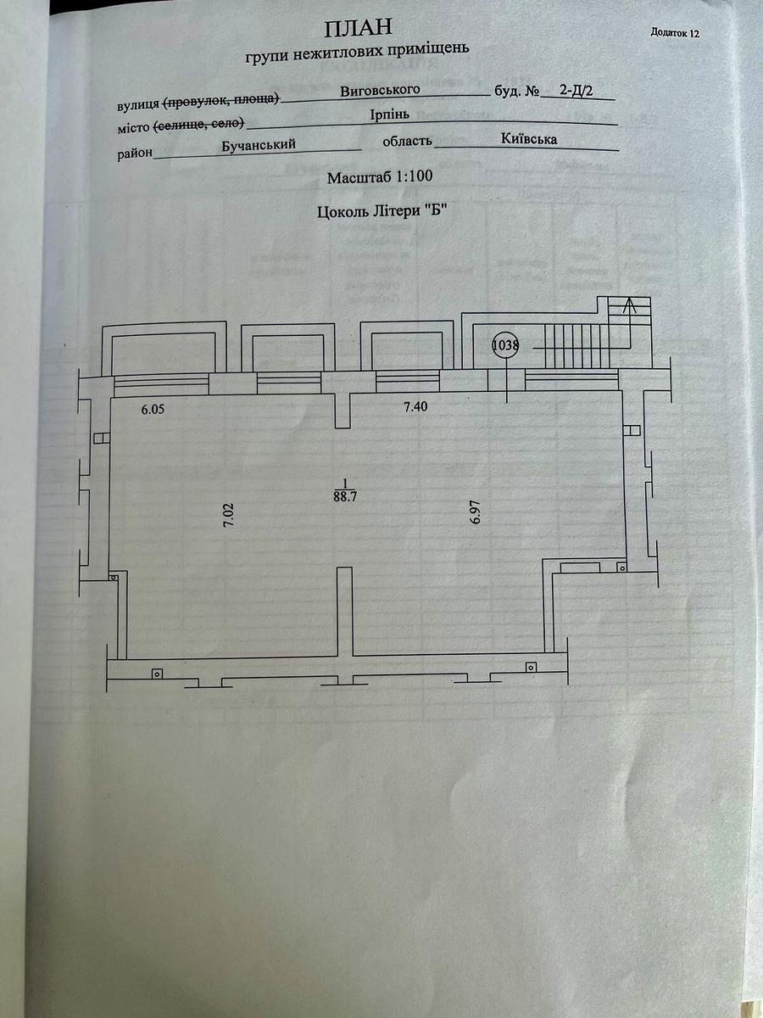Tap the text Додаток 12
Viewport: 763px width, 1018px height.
pyautogui.click(x=675, y=33)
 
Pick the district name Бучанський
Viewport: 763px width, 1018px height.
pyautogui.click(x=258, y=145)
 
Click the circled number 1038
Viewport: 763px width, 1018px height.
pyautogui.click(x=506, y=345)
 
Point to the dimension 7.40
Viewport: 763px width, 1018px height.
pyautogui.click(x=415, y=407)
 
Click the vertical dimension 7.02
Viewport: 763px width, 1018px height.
pyautogui.click(x=227, y=517)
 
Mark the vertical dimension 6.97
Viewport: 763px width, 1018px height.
pyautogui.click(x=476, y=514)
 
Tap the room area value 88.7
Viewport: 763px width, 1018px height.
pyautogui.click(x=344, y=498)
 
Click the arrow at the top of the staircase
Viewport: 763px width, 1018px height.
pyautogui.click(x=628, y=307)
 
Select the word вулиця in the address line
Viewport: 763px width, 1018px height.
pyautogui.click(x=137, y=105)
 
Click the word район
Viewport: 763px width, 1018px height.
pyautogui.click(x=135, y=154)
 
